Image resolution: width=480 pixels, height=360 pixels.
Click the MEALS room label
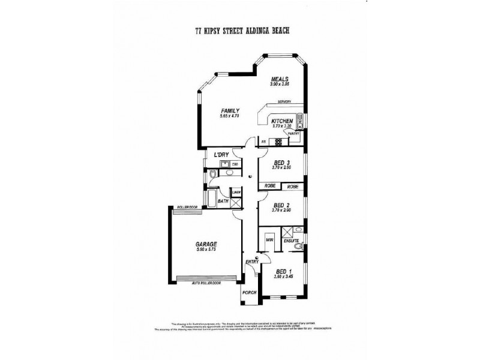(280, 79)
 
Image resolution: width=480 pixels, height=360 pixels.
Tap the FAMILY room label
(230, 110)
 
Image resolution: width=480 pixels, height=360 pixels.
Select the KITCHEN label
(282, 120)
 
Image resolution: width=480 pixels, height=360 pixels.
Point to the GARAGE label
(206, 244)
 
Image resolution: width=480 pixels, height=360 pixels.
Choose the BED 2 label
(282, 205)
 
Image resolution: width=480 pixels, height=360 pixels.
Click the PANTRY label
(293, 132)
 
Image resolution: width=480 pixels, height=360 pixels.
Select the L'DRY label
(222, 155)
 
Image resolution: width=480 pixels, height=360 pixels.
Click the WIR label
(270, 240)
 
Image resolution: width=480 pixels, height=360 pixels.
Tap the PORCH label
(249, 292)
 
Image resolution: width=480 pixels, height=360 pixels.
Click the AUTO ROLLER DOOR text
(206, 283)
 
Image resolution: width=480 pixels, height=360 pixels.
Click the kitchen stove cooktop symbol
(278, 142)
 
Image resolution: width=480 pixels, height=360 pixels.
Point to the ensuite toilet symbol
(298, 247)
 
